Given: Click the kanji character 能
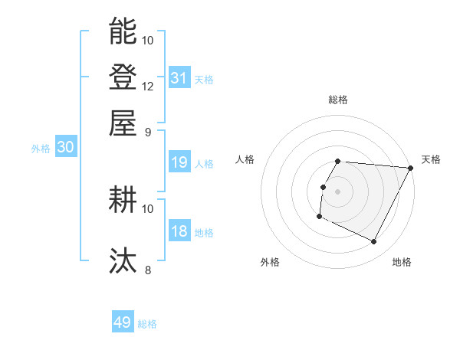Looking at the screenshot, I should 123,31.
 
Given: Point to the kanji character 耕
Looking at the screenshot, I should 123,200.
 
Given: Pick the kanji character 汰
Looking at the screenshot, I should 123,260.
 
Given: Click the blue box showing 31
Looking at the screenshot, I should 179,77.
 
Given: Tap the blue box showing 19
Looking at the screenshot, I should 179,162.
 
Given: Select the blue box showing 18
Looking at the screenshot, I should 179,231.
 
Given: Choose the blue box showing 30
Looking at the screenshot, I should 65,148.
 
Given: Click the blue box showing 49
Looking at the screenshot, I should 123,322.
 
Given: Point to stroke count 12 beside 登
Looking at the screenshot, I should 148,86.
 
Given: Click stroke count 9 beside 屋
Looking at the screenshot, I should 148,131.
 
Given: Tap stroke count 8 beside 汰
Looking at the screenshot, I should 148,270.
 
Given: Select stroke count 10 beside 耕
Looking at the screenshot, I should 148,208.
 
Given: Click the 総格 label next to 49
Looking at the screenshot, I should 147,324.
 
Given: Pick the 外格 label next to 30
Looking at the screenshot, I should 41,149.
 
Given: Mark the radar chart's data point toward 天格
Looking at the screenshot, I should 411,169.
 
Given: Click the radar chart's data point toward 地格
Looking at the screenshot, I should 374,242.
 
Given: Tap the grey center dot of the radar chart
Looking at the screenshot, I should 338,191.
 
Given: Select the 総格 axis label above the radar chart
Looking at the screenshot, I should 338,100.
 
